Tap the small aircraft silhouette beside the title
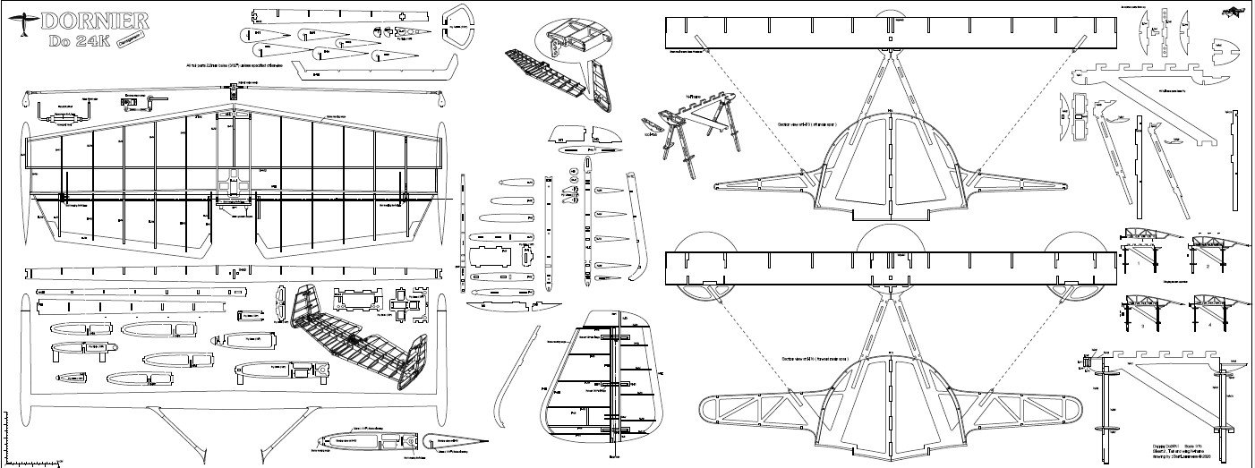coord(24,26)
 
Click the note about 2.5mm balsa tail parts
coord(233,66)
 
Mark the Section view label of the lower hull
coord(815,359)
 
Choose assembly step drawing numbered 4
coord(1208,314)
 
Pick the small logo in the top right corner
coord(1233,11)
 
